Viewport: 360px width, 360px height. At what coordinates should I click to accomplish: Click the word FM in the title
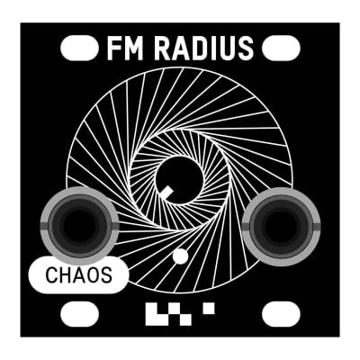[125, 49]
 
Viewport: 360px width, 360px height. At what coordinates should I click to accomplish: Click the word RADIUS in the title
[204, 49]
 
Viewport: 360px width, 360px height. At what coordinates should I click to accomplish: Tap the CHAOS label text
[78, 275]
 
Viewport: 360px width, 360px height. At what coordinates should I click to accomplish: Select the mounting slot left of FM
[79, 48]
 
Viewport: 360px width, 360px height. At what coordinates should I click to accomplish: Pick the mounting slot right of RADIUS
[281, 48]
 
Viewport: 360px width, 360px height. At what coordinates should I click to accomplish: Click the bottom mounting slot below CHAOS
[79, 314]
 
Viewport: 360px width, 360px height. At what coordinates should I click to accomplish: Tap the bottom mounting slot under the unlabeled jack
[281, 314]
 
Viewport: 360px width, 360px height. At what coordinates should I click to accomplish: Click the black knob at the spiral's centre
[179, 180]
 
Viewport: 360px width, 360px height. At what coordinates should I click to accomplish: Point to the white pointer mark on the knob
[166, 193]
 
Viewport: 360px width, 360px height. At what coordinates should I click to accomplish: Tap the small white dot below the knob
[181, 256]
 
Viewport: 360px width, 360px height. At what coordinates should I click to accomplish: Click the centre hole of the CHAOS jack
[79, 225]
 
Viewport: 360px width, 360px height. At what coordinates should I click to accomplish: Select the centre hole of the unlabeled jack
[281, 226]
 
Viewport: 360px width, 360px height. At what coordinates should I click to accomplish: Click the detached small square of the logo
[209, 309]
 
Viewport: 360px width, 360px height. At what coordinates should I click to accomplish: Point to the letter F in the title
[113, 49]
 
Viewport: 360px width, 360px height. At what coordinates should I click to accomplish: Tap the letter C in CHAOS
[51, 275]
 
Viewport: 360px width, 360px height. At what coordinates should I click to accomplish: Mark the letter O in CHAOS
[93, 275]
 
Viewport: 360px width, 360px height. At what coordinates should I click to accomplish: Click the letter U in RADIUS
[229, 49]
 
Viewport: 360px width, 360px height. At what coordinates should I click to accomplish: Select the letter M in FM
[133, 49]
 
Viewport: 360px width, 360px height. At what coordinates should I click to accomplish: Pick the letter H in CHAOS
[65, 275]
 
